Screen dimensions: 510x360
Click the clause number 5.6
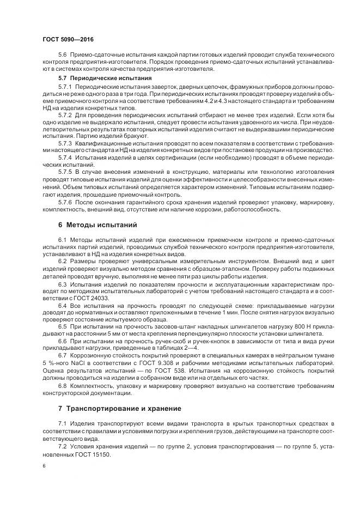[62, 56]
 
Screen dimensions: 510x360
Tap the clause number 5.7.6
[64, 201]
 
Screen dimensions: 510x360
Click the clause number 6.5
[62, 326]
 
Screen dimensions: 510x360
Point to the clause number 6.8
[62, 386]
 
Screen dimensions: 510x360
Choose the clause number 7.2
[62, 446]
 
